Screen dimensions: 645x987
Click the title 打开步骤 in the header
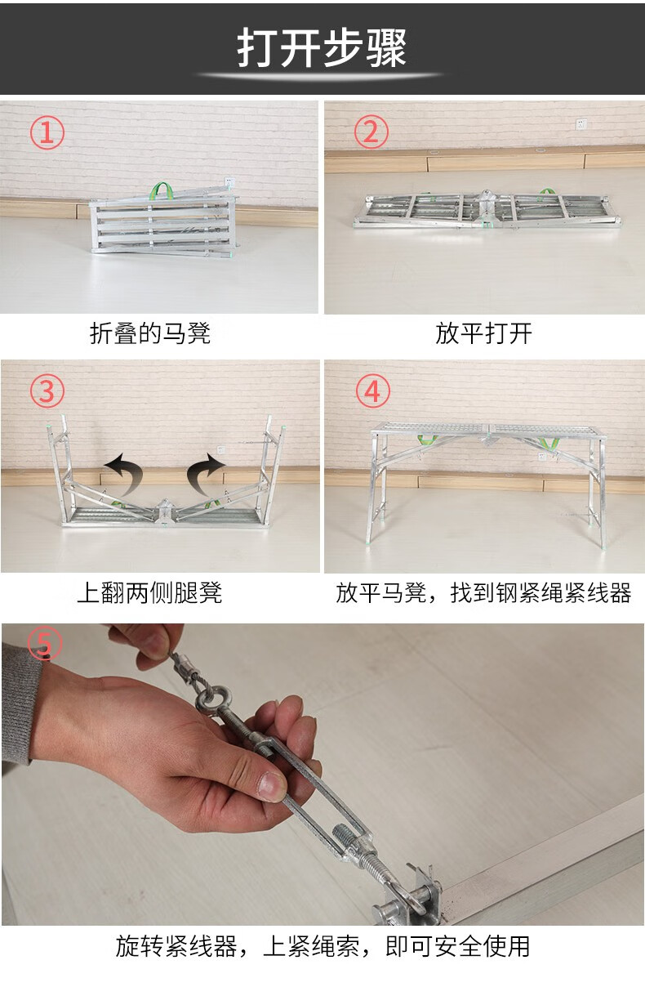322,48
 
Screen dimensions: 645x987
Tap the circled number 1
47,132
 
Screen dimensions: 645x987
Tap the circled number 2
371,132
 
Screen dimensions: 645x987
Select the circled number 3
47,391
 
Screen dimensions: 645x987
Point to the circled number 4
373,391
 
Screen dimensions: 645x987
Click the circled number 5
44,643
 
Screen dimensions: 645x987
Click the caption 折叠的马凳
150,333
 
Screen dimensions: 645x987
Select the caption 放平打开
483,333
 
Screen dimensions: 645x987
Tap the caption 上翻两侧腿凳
149,592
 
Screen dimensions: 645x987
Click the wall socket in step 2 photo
581,124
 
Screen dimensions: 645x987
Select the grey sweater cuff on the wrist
19,705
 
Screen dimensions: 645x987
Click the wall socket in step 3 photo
221,450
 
